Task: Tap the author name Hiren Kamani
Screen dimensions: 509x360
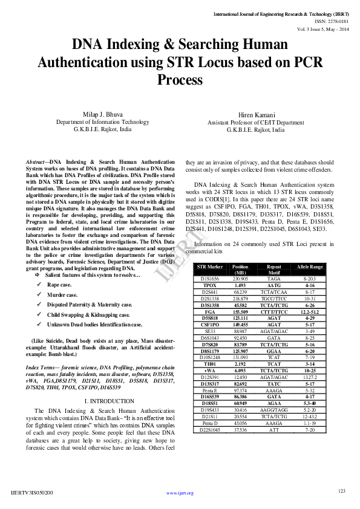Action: [255, 115]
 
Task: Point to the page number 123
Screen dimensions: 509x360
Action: [342, 490]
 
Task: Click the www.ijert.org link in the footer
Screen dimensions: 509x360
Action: [180, 493]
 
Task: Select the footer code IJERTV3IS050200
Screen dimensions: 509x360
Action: [32, 493]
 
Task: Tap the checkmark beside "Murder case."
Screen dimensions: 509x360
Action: [39, 294]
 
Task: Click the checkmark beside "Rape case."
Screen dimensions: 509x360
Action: [39, 284]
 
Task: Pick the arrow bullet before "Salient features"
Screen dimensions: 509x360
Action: [38, 275]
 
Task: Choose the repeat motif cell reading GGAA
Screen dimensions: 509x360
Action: [274, 351]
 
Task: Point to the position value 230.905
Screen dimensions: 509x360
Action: [240, 279]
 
